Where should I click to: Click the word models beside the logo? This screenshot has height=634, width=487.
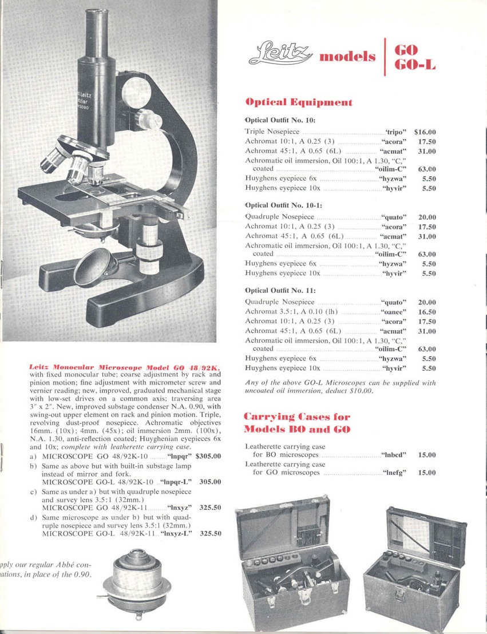(x=348, y=57)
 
